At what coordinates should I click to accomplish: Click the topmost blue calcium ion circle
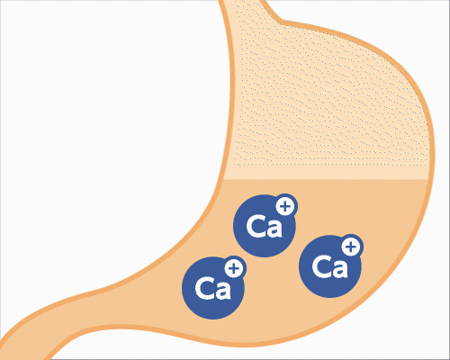tap(264, 226)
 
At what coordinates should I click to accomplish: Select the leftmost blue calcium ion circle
tap(213, 288)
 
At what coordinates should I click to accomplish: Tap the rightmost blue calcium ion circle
tap(330, 266)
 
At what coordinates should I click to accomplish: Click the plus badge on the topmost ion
tap(285, 206)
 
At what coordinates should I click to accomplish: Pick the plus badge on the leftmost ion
tap(234, 268)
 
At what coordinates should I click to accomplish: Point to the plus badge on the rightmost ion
tap(351, 247)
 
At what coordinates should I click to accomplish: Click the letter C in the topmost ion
tap(256, 226)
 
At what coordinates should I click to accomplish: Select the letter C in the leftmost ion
tap(205, 288)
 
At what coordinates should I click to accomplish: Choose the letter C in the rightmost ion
tap(322, 266)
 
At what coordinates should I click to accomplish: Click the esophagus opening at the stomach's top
tap(242, 3)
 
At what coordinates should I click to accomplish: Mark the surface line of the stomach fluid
tap(326, 180)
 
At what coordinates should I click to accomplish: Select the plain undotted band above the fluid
tap(327, 173)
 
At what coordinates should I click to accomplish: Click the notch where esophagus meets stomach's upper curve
tap(281, 22)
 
